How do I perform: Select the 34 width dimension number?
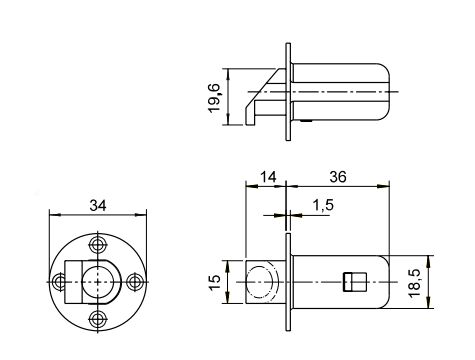[x=98, y=204]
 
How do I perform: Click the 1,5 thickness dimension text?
[x=322, y=205]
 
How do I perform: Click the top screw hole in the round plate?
[x=98, y=243]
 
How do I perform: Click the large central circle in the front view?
[x=99, y=281]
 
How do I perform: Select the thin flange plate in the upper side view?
[x=290, y=94]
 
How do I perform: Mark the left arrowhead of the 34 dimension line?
[x=52, y=214]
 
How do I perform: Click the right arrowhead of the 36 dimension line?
[x=386, y=187]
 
